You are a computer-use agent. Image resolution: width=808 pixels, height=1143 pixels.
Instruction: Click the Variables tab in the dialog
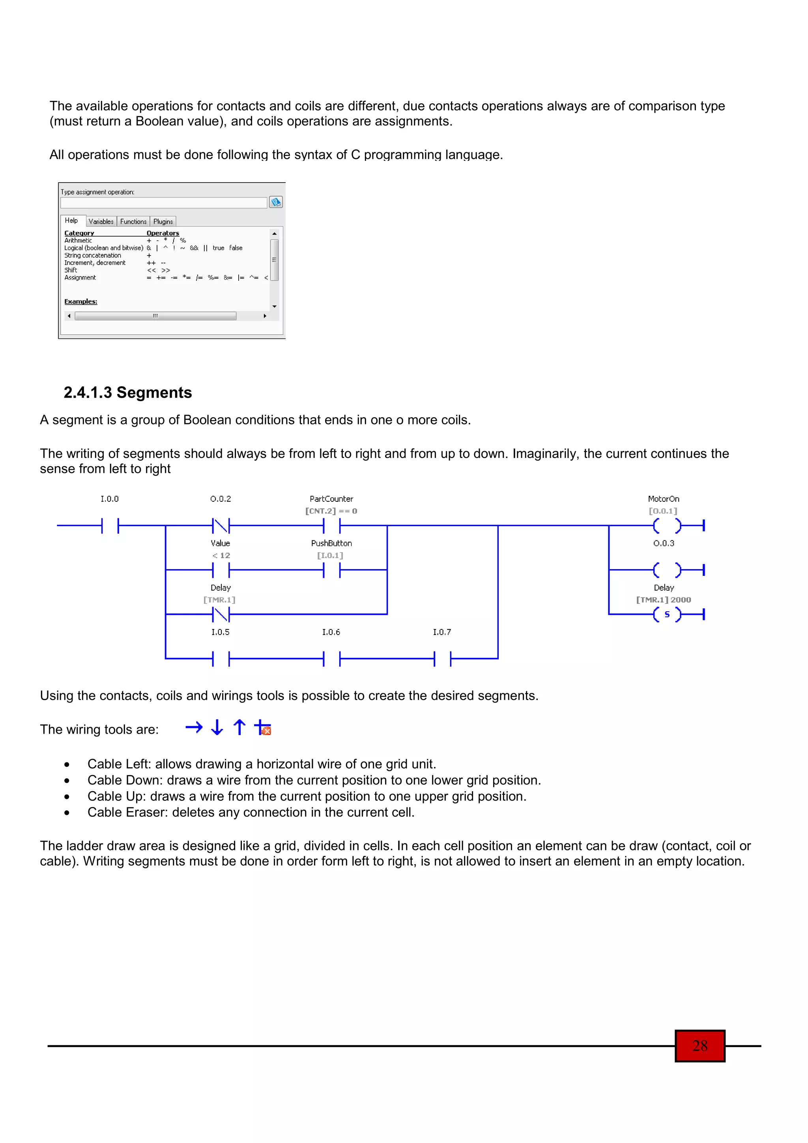click(101, 222)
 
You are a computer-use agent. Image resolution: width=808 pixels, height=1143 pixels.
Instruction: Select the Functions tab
click(133, 222)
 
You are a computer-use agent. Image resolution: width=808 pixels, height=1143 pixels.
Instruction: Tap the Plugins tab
click(163, 222)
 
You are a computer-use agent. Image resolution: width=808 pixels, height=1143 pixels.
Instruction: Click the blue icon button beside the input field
click(276, 202)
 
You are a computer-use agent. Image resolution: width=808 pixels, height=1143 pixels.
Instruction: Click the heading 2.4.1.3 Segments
click(127, 393)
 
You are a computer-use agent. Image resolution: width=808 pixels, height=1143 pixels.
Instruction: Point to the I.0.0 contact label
click(110, 499)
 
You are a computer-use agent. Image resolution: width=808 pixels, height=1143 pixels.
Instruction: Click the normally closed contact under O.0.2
click(221, 525)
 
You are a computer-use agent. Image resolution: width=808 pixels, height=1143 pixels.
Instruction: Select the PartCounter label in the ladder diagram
click(331, 499)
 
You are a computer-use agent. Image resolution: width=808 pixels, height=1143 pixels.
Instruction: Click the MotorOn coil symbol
click(667, 525)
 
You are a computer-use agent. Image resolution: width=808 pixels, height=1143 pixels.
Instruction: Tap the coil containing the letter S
click(667, 614)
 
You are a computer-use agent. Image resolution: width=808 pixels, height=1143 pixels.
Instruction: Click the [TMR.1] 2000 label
click(663, 600)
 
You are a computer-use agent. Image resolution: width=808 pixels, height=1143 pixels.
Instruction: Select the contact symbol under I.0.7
click(442, 659)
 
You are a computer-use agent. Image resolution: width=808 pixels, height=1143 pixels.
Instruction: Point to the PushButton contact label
click(331, 543)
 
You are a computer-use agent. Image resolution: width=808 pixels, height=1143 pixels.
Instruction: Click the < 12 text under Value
click(221, 556)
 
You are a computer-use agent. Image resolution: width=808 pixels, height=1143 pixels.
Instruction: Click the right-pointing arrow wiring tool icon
click(194, 728)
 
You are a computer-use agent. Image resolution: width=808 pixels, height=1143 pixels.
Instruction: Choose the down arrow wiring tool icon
click(217, 728)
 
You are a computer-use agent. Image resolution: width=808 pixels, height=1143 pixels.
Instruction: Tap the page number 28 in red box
click(700, 1046)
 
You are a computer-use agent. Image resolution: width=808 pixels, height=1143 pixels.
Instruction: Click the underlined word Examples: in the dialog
click(80, 302)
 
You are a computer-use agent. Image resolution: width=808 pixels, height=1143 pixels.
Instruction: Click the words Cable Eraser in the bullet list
click(118, 812)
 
